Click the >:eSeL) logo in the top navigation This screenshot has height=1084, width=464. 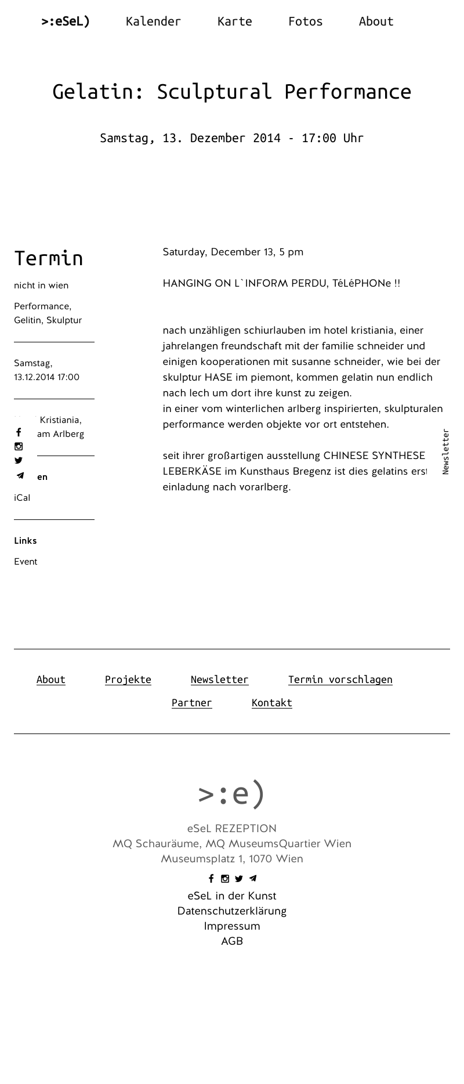click(x=66, y=21)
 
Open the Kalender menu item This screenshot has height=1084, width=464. click(x=153, y=21)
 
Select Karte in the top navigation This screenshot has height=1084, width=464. click(x=234, y=21)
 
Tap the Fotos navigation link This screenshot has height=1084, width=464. click(x=305, y=21)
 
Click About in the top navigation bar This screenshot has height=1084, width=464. click(x=376, y=21)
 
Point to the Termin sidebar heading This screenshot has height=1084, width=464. click(x=49, y=258)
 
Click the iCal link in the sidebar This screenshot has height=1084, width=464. click(x=22, y=498)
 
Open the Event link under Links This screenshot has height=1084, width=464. click(x=26, y=562)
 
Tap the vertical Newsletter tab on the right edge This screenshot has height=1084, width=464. click(x=445, y=451)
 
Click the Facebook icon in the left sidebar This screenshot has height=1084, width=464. click(x=19, y=432)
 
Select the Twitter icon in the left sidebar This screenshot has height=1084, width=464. click(x=19, y=461)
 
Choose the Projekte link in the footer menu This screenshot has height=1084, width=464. click(x=128, y=680)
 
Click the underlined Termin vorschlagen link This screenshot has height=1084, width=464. click(x=340, y=680)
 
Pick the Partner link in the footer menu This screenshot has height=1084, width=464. click(x=191, y=703)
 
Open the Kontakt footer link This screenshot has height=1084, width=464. click(x=271, y=703)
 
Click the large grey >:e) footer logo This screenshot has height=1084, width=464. click(x=231, y=793)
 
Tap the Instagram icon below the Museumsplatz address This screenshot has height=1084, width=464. click(x=225, y=879)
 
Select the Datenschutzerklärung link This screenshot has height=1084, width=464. click(x=232, y=911)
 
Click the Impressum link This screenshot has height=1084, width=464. click(x=232, y=926)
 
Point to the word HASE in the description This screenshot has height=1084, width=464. click(x=218, y=377)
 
